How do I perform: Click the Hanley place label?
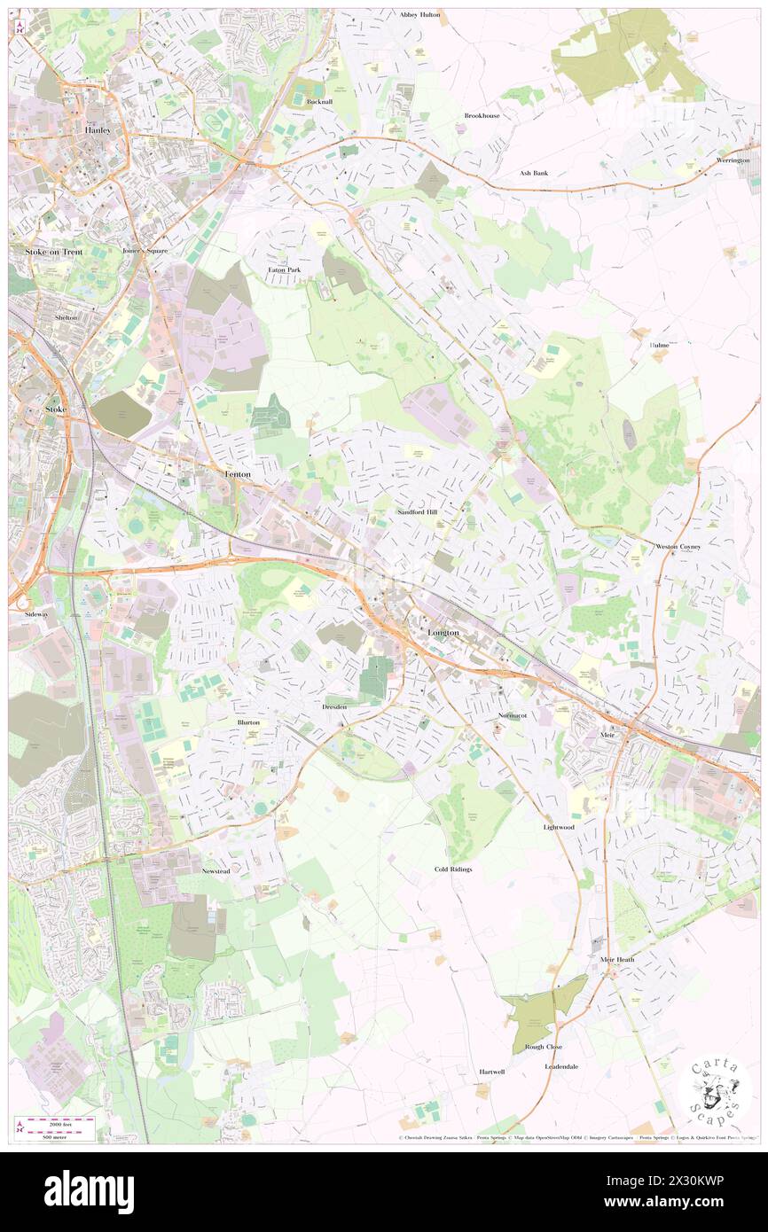[x=98, y=129]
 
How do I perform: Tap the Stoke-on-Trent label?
[x=49, y=252]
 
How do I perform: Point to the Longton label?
[x=443, y=633]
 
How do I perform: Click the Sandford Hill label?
[x=417, y=512]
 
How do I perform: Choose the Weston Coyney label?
[x=678, y=547]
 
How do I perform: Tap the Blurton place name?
[x=248, y=722]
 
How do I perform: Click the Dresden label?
[x=334, y=707]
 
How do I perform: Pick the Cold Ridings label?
[x=453, y=869]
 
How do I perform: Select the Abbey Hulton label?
[x=419, y=15]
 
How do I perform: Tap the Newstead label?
[x=216, y=871]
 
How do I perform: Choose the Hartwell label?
[x=492, y=1072]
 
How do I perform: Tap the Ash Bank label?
[x=534, y=173]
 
